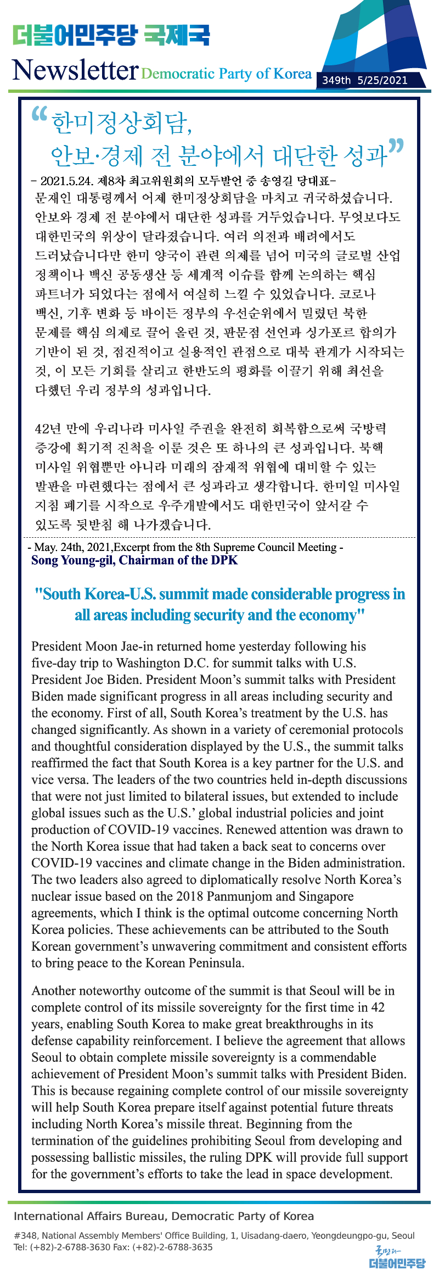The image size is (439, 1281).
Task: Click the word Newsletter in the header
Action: click(75, 70)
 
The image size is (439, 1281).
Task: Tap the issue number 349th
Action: click(336, 80)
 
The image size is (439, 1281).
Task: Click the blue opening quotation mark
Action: click(40, 115)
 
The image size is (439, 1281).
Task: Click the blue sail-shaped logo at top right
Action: click(379, 38)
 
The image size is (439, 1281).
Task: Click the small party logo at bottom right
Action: click(397, 1258)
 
